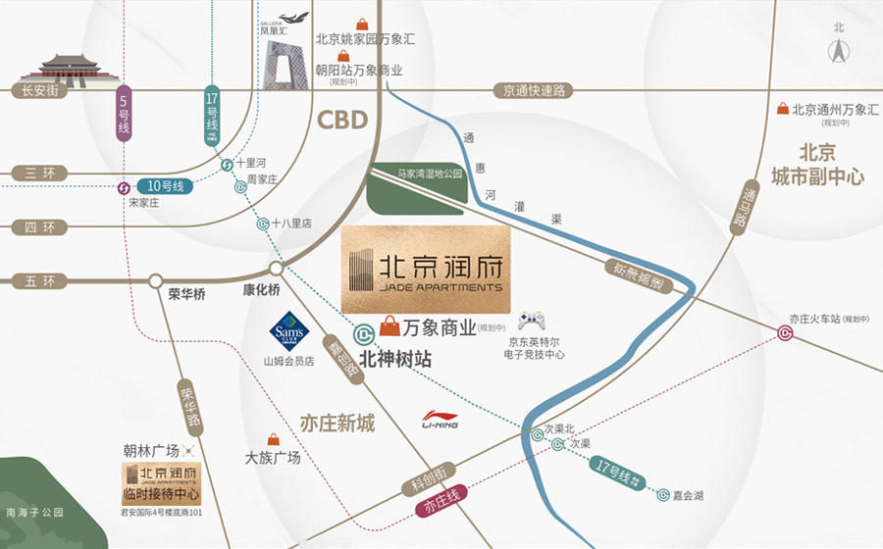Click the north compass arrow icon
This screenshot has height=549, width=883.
tap(839, 51)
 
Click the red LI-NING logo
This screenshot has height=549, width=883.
tap(441, 420)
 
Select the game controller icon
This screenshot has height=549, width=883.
tap(532, 320)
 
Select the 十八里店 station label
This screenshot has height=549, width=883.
tap(291, 224)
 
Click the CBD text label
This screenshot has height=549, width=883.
tap(342, 121)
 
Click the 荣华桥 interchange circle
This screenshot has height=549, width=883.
tap(155, 281)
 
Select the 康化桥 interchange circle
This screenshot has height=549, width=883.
tap(277, 269)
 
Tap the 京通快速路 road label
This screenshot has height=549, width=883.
tap(535, 90)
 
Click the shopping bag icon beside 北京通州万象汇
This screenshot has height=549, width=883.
tap(782, 110)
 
